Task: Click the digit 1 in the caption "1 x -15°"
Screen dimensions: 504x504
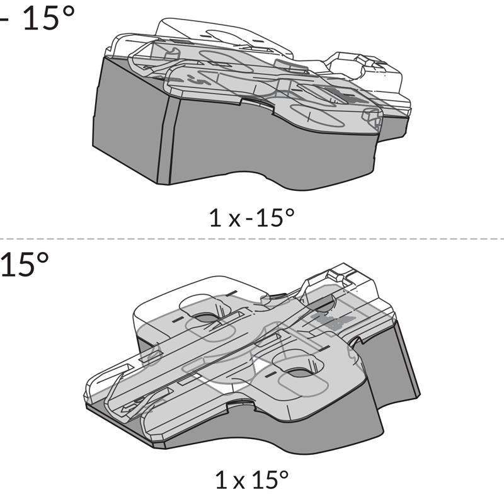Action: click(214, 218)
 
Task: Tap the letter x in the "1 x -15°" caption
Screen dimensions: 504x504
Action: click(234, 220)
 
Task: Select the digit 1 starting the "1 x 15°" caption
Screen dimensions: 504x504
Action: click(220, 481)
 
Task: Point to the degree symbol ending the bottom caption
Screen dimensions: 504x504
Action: click(284, 476)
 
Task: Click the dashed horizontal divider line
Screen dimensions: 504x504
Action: click(252, 239)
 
